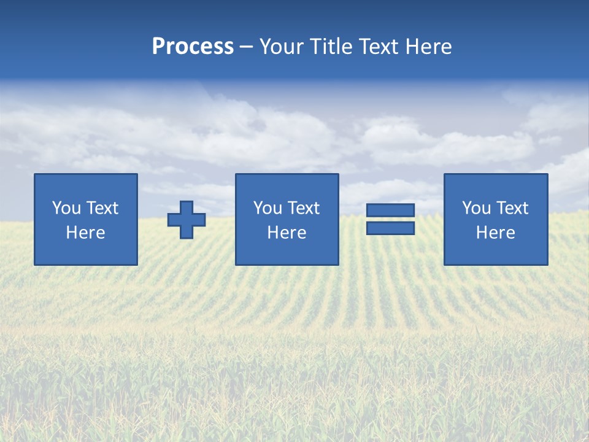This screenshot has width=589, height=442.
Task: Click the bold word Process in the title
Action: pyautogui.click(x=193, y=47)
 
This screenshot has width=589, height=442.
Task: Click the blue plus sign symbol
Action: pyautogui.click(x=187, y=220)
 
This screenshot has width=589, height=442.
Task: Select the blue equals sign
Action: pyautogui.click(x=390, y=219)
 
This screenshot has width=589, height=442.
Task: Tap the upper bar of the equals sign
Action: pyautogui.click(x=390, y=211)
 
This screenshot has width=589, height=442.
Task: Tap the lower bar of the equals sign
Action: pyautogui.click(x=390, y=228)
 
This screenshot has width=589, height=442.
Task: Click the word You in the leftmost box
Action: pyautogui.click(x=66, y=208)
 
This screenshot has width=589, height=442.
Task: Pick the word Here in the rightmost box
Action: pyautogui.click(x=496, y=233)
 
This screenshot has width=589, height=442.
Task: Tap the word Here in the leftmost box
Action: pyautogui.click(x=86, y=233)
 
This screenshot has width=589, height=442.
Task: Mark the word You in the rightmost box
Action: pyautogui.click(x=475, y=208)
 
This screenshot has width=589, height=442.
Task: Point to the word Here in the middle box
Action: pyautogui.click(x=287, y=233)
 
